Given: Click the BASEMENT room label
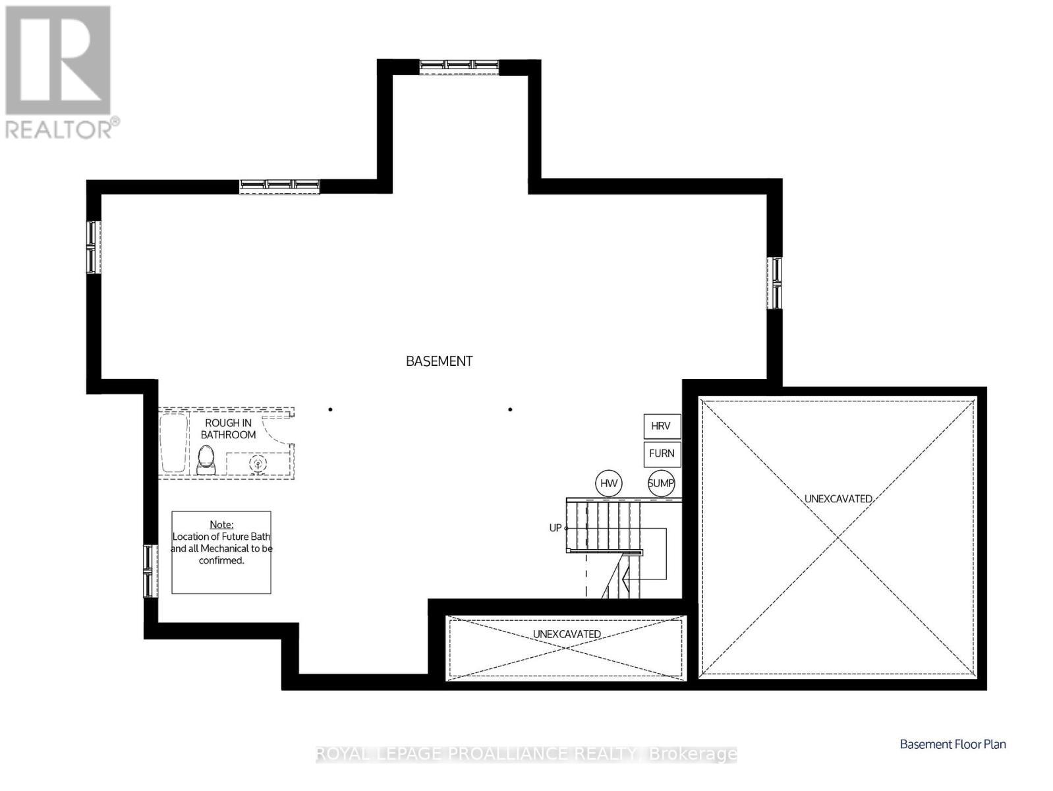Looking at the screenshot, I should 439,361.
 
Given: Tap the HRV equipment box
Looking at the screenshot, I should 662,426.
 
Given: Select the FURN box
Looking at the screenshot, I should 662,454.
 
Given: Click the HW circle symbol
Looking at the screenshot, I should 609,483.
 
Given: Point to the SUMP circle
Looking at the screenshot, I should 661,483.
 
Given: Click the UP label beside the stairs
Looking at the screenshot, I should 555,528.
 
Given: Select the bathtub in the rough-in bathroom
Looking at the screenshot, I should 173,442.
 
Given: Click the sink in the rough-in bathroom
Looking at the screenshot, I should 258,464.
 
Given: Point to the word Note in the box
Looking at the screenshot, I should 221,525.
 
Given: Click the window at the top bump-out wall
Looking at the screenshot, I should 459,65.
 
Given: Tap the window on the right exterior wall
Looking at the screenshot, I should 775,283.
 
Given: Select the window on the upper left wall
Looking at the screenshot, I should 93,247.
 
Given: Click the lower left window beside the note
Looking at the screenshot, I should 151,571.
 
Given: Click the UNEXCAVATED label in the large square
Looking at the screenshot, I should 838,499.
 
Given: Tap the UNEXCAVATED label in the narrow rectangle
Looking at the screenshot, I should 567,634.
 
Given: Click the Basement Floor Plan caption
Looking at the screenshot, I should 953,744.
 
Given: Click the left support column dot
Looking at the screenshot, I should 331,409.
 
